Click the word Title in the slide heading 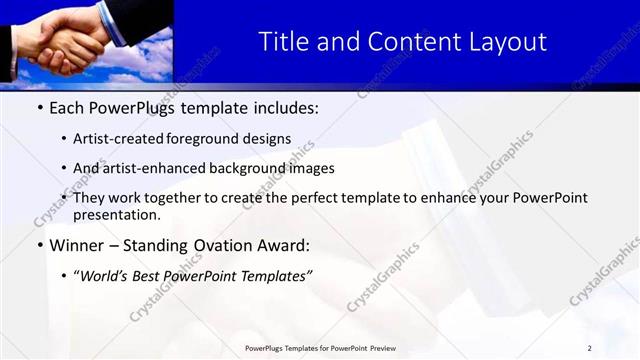point(283,42)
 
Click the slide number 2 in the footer point(589,348)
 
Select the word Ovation point(222,245)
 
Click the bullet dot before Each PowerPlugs point(39,107)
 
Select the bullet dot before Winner point(39,245)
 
